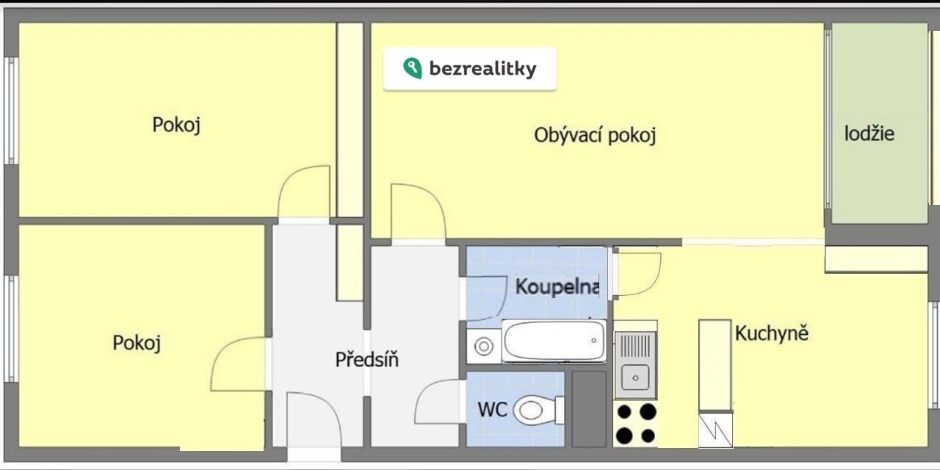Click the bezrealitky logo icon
click(412, 68)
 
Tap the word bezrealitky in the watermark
click(482, 69)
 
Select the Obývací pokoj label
click(595, 135)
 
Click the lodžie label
click(869, 134)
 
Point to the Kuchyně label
click(771, 333)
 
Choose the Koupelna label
click(557, 286)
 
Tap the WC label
click(492, 409)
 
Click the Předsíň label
click(366, 359)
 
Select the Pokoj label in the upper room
click(176, 125)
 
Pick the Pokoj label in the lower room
click(137, 343)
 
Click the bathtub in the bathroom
click(554, 341)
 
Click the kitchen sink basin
click(635, 377)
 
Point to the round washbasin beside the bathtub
click(484, 347)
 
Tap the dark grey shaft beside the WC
click(589, 409)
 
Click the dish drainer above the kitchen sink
click(635, 346)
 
